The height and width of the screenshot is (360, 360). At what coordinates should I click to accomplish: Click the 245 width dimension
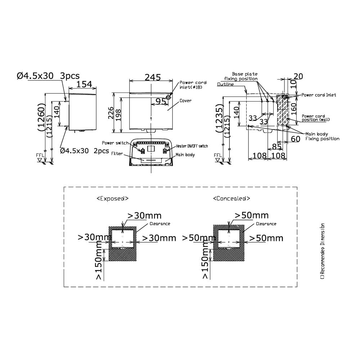pyautogui.click(x=153, y=77)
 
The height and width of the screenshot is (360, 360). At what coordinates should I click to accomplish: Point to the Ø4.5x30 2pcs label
pyautogui.click(x=84, y=151)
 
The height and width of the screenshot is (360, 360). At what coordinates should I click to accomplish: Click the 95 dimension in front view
pyautogui.click(x=161, y=102)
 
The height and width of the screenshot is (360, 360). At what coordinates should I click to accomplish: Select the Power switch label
pyautogui.click(x=115, y=143)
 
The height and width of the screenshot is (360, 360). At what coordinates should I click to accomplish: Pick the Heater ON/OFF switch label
pyautogui.click(x=192, y=146)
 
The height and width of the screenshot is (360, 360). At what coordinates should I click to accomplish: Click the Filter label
pyautogui.click(x=117, y=153)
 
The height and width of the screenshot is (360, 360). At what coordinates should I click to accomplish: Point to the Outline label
pyautogui.click(x=225, y=84)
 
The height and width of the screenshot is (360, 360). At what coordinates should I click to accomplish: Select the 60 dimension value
pyautogui.click(x=295, y=139)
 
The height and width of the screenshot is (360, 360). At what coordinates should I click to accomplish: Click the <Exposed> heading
pyautogui.click(x=112, y=198)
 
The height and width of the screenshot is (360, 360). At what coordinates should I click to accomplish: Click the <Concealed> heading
pyautogui.click(x=231, y=198)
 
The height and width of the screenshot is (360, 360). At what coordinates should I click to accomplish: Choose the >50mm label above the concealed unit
pyautogui.click(x=251, y=215)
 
